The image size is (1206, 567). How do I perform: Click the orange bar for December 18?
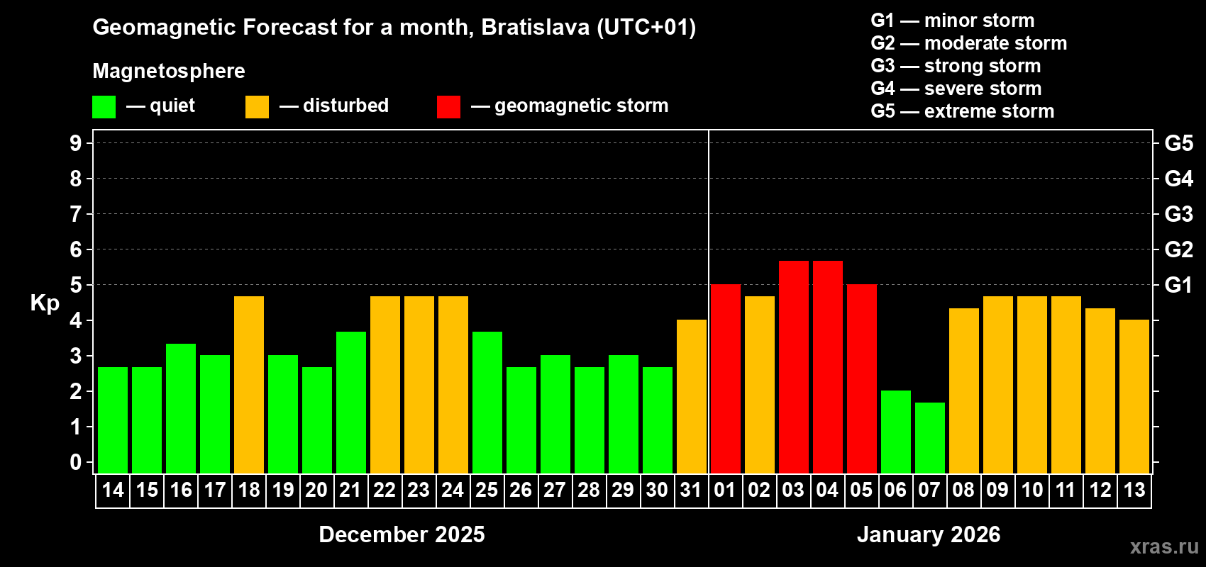pyautogui.click(x=249, y=385)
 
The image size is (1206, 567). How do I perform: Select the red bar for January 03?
pyautogui.click(x=794, y=367)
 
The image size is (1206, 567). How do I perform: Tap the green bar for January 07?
pyautogui.click(x=930, y=438)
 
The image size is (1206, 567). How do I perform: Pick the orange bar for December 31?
pyautogui.click(x=692, y=396)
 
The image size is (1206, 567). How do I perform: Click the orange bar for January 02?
pyautogui.click(x=760, y=385)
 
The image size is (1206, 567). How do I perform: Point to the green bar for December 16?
pyautogui.click(x=181, y=408)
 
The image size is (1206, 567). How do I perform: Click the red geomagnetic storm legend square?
pyautogui.click(x=448, y=107)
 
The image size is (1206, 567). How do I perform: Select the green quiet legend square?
pyautogui.click(x=104, y=107)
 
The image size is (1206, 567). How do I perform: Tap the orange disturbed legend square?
pyautogui.click(x=257, y=107)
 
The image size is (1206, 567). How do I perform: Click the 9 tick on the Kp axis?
pyautogui.click(x=76, y=143)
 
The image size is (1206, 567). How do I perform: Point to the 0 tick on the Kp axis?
pyautogui.click(x=76, y=462)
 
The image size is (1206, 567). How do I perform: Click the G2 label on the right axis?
pyautogui.click(x=1178, y=249)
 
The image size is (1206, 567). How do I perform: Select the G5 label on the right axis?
pyautogui.click(x=1178, y=143)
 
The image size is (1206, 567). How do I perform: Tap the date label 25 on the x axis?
pyautogui.click(x=487, y=490)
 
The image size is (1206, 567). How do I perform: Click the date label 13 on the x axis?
pyautogui.click(x=1134, y=490)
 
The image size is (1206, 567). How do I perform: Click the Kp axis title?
pyautogui.click(x=45, y=303)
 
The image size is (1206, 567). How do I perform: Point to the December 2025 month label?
pyautogui.click(x=402, y=534)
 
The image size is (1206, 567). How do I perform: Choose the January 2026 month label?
pyautogui.click(x=929, y=534)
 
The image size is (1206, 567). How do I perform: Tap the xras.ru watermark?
pyautogui.click(x=1163, y=546)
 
